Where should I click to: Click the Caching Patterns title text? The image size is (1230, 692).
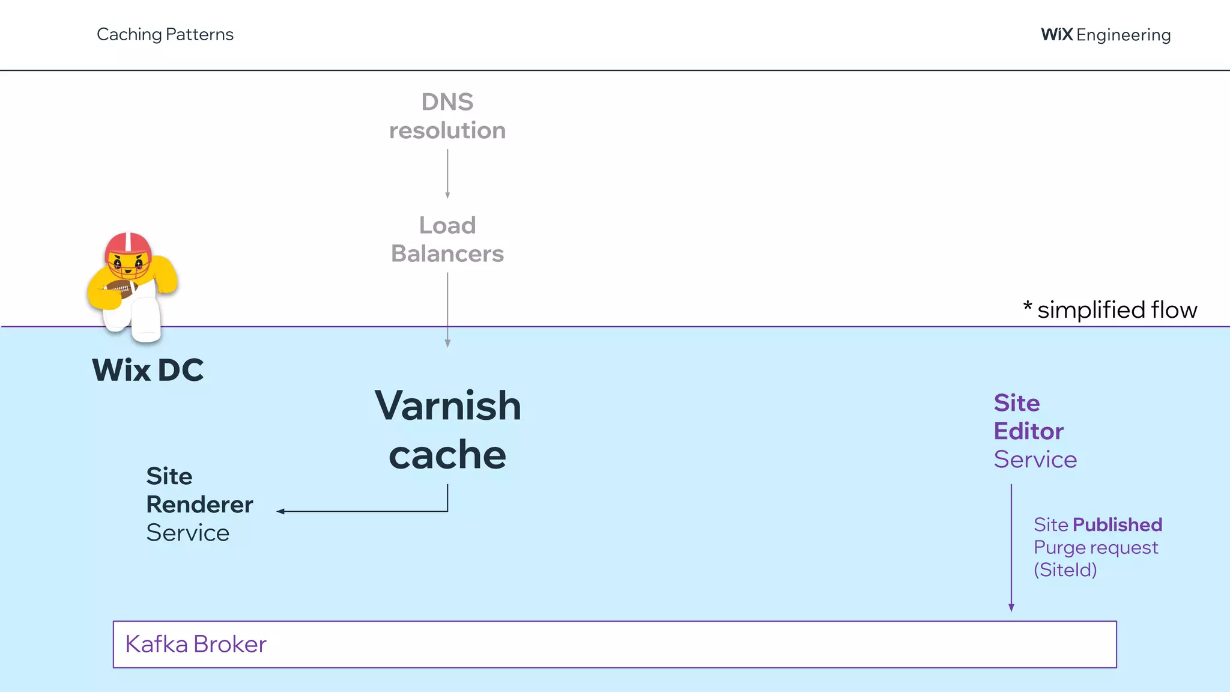point(165,34)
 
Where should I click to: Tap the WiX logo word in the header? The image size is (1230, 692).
point(1056,34)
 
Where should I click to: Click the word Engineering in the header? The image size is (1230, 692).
point(1123,35)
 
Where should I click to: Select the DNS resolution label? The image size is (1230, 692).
point(447,116)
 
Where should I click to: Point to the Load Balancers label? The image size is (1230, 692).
point(447,239)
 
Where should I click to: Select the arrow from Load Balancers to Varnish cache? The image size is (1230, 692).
point(447,309)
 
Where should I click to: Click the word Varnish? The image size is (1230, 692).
point(447,405)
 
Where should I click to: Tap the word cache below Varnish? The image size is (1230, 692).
point(447,455)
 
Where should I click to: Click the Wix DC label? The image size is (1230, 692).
point(148,369)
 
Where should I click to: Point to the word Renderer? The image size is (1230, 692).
point(199,505)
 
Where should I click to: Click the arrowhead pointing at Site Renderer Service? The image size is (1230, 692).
point(280,511)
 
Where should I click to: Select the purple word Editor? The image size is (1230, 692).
point(1028,431)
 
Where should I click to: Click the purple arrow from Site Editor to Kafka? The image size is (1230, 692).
point(1011,547)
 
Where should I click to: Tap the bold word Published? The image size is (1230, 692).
point(1117,524)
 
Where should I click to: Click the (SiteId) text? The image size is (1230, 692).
point(1065,569)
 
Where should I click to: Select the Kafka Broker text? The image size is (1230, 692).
point(196,644)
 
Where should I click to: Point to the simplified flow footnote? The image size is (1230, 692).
point(1111,310)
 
